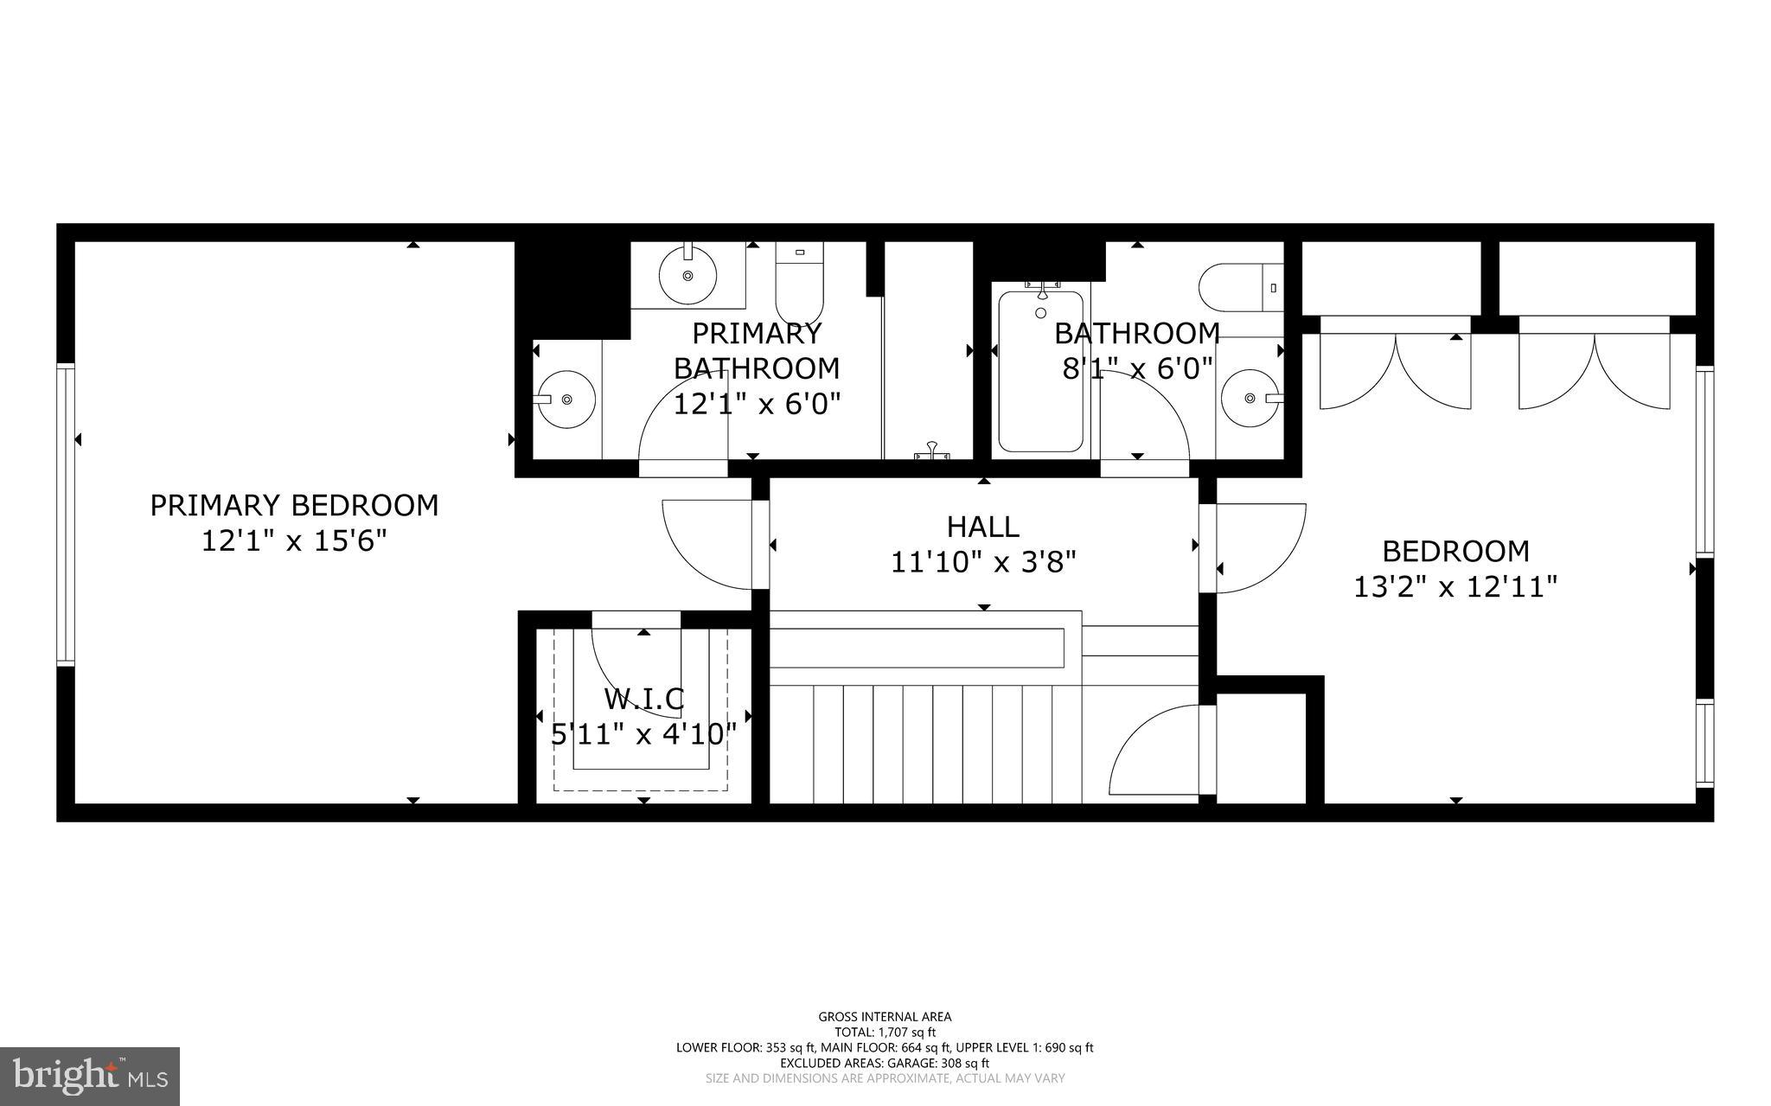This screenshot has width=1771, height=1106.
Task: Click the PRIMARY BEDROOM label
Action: click(294, 505)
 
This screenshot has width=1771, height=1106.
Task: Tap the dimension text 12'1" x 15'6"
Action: click(294, 542)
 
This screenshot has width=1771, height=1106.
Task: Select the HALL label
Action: click(982, 527)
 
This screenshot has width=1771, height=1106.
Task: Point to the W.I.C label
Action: click(643, 699)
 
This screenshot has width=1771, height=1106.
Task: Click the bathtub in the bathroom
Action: click(1040, 372)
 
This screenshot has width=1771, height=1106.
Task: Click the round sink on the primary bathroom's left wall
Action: click(565, 399)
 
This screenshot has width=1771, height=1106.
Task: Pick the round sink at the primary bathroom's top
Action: click(687, 274)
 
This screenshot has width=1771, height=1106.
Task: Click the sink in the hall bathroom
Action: click(1250, 398)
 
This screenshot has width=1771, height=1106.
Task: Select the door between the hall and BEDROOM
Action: click(1258, 547)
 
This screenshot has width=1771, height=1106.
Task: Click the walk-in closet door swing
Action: click(636, 670)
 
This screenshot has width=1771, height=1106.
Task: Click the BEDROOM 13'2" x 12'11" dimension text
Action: click(1455, 588)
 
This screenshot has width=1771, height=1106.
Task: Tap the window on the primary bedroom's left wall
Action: click(66, 515)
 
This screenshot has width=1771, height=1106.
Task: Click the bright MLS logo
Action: click(90, 1076)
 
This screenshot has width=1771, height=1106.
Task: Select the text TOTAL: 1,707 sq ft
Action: click(885, 1032)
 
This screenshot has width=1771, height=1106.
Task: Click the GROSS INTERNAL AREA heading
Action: click(885, 1017)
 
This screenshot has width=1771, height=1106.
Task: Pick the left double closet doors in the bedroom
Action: click(1394, 372)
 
